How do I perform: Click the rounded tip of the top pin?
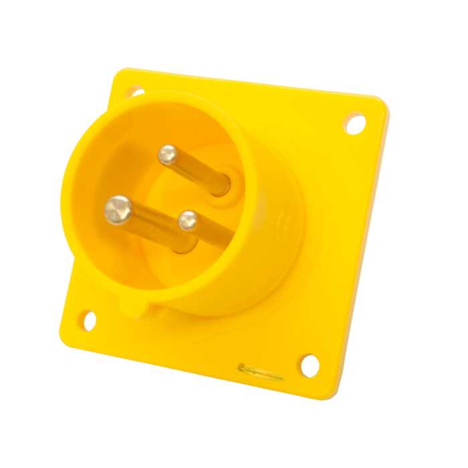point(167,155)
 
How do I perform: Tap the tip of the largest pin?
point(118,209)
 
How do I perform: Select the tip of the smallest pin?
point(188,220)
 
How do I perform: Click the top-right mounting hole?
point(355,123)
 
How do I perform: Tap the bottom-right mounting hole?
point(310,365)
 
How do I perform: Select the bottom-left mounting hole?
point(88,320)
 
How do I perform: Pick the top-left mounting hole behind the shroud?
point(135,92)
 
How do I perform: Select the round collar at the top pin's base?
point(226,184)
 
